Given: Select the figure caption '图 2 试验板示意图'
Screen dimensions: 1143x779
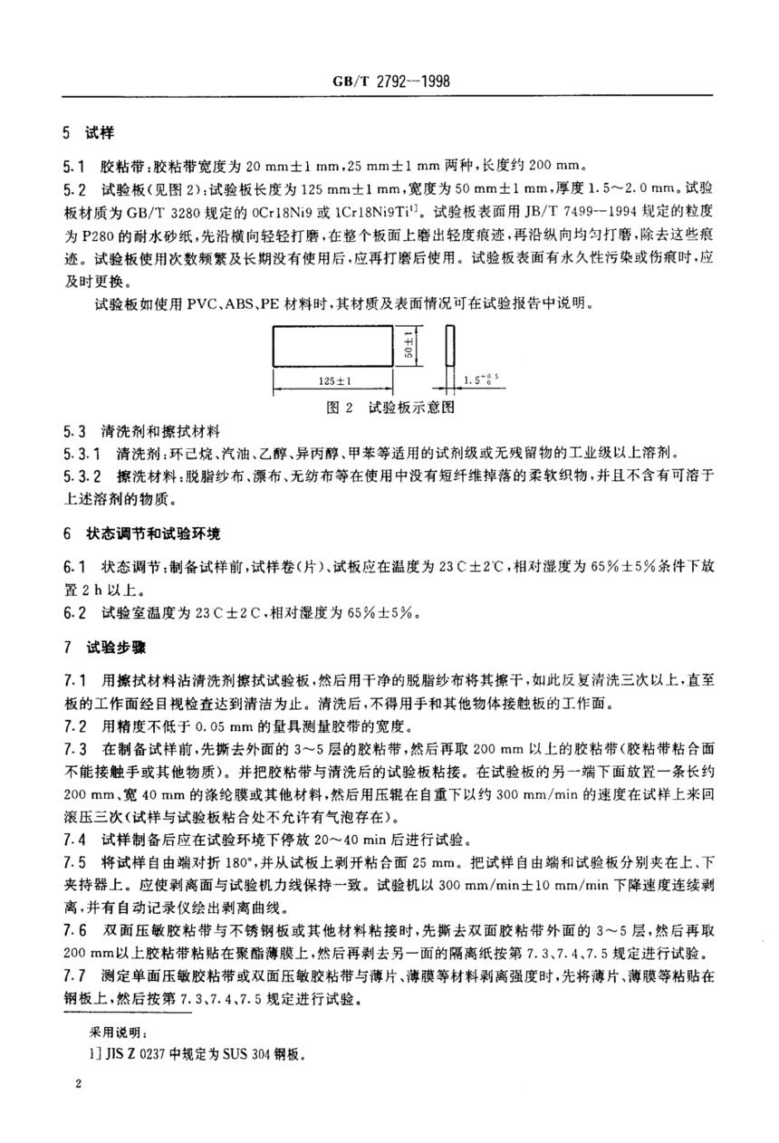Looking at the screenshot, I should click(389, 408).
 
